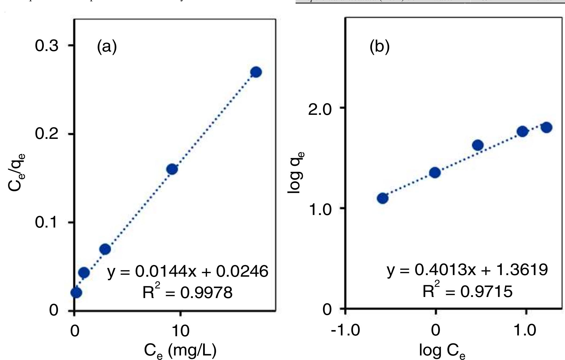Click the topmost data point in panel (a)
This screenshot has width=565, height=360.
[256, 72]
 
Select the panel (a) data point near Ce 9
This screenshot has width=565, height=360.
[172, 169]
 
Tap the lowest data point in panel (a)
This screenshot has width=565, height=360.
[76, 293]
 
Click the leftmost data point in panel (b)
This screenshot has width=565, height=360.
[382, 198]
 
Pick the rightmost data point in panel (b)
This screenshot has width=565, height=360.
[547, 127]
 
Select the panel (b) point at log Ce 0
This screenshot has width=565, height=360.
[435, 173]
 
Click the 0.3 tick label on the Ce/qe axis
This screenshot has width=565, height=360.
[47, 46]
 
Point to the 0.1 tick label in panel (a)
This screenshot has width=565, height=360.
[47, 222]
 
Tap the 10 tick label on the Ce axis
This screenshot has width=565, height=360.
[180, 331]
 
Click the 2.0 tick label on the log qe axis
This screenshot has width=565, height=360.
[320, 109]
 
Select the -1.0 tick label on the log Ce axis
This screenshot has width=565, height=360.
[346, 330]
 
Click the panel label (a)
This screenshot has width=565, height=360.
[107, 47]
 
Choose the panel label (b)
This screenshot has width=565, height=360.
[380, 47]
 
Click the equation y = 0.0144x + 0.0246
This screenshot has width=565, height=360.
[188, 272]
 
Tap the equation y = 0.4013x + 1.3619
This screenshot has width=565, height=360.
[467, 270]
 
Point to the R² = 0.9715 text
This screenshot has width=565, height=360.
[467, 291]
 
